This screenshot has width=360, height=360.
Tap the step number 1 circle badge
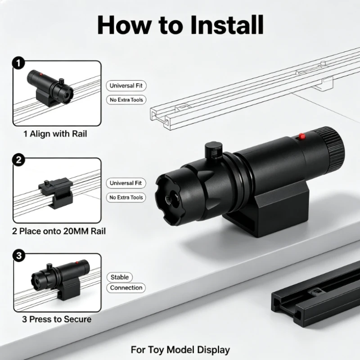point(18,63)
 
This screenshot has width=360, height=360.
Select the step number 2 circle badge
point(18,160)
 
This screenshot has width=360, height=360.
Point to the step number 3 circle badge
point(19,256)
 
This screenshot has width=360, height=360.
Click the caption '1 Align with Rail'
point(55,134)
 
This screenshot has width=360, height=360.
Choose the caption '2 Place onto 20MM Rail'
point(59,231)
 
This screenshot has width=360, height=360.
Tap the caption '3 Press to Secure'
point(57,319)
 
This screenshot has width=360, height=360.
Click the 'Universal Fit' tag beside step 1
point(126,86)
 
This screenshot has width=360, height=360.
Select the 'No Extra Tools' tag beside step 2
point(126,198)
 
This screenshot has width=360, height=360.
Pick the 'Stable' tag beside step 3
point(120,277)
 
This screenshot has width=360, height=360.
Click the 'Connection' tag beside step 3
point(126,288)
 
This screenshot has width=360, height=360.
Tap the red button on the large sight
point(301,136)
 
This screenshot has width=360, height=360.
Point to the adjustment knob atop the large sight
point(213,150)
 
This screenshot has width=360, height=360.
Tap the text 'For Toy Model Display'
point(180,350)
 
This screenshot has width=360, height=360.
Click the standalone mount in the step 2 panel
point(56,193)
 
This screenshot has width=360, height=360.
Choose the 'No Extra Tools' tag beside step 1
point(126,100)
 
